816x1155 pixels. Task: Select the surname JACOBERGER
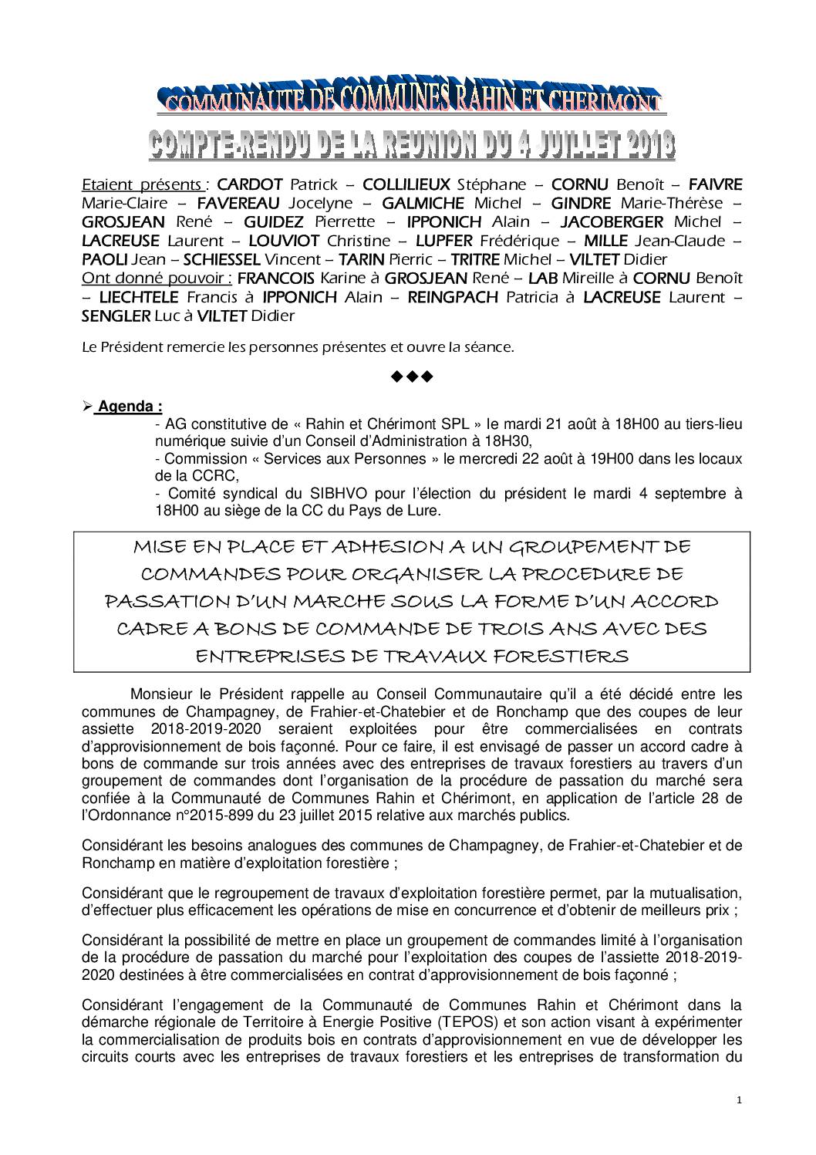tap(612, 222)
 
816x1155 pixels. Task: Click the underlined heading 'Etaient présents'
tap(142, 185)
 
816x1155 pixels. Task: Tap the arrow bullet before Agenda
tap(87, 407)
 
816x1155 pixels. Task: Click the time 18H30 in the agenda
tap(511, 441)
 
